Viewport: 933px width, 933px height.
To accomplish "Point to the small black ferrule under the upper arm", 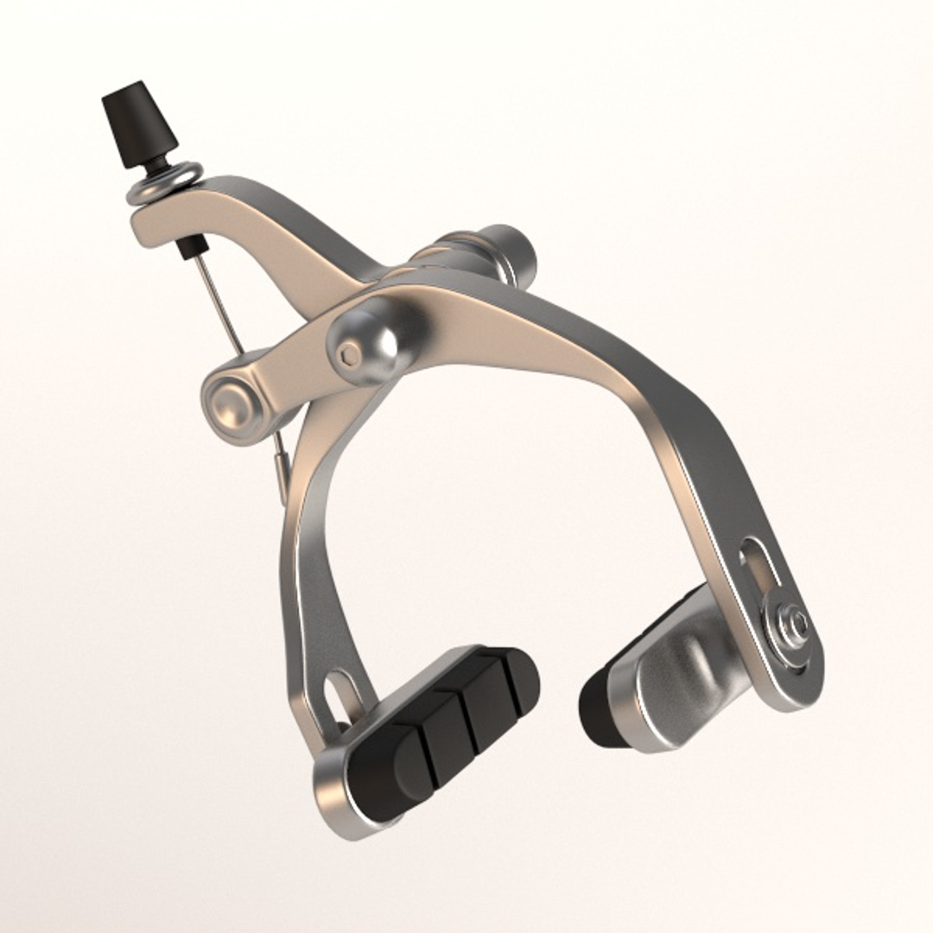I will (x=185, y=250).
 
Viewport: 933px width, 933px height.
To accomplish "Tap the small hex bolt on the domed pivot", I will (x=350, y=355).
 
